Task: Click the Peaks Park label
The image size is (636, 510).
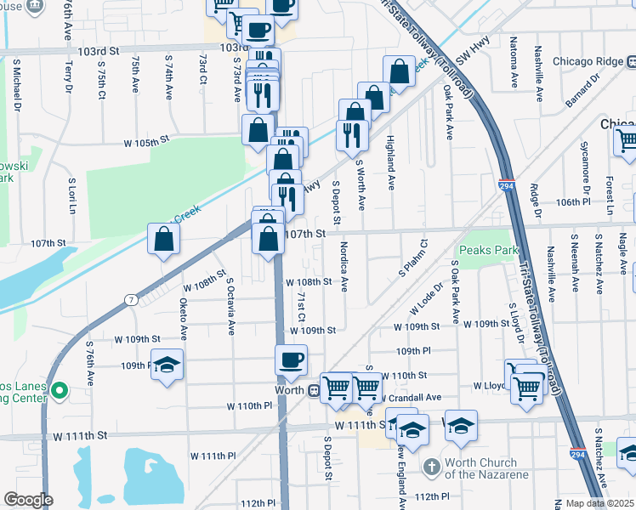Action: pos(489,251)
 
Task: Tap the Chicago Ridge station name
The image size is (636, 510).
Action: pos(587,61)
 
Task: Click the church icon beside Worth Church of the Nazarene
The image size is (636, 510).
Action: pos(432,467)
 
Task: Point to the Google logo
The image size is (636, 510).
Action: pos(28,500)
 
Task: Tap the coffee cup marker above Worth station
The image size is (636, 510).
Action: pos(291,359)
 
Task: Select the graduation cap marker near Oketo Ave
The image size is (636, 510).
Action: pos(168,365)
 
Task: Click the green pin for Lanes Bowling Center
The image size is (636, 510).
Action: pos(58,391)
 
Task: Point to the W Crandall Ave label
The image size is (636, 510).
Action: pos(412,397)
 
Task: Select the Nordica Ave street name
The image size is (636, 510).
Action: pos(344,265)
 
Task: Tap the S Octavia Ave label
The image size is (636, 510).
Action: pos(230,305)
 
